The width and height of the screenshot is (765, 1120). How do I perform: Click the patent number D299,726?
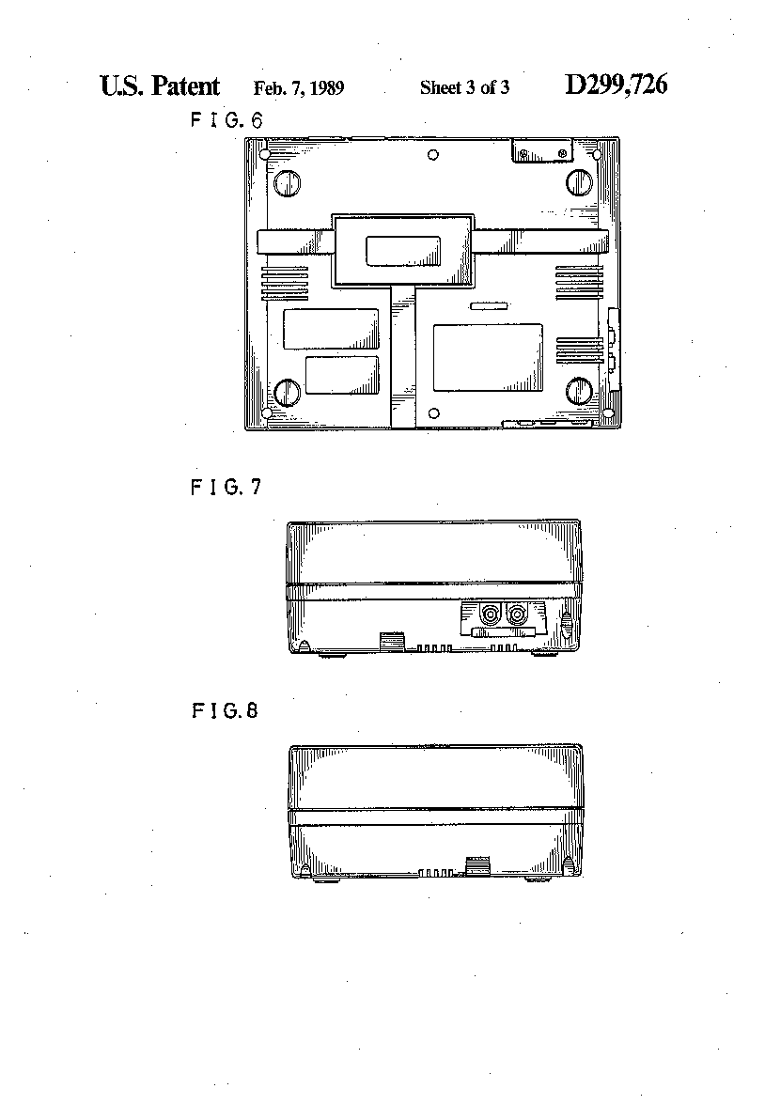pyautogui.click(x=616, y=85)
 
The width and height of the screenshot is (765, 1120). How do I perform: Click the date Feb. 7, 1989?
pyautogui.click(x=299, y=88)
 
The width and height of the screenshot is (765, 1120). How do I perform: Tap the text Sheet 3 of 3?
pyautogui.click(x=464, y=88)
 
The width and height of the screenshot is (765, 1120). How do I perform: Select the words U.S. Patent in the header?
pyautogui.click(x=160, y=86)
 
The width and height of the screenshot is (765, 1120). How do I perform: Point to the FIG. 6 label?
pyautogui.click(x=226, y=120)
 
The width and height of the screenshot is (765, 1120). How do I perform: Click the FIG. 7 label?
pyautogui.click(x=226, y=487)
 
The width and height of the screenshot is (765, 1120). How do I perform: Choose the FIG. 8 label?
pyautogui.click(x=225, y=710)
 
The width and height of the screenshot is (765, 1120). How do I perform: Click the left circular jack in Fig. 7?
pyautogui.click(x=491, y=614)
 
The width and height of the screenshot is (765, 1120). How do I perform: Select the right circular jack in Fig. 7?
pyautogui.click(x=516, y=614)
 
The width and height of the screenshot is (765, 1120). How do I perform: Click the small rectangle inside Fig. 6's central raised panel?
pyautogui.click(x=403, y=252)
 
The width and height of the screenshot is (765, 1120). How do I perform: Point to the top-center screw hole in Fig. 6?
pyautogui.click(x=433, y=155)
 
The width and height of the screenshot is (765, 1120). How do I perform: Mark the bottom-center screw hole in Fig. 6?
pyautogui.click(x=433, y=413)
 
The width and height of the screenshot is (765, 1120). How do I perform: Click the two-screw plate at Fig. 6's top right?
pyautogui.click(x=543, y=151)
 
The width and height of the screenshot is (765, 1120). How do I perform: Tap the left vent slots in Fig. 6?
pyautogui.click(x=284, y=283)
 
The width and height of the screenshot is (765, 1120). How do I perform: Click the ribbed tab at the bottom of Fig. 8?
pyautogui.click(x=476, y=865)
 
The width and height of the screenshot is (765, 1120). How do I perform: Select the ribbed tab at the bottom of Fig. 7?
pyautogui.click(x=392, y=642)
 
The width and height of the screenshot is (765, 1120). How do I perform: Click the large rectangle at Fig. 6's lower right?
pyautogui.click(x=488, y=357)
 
